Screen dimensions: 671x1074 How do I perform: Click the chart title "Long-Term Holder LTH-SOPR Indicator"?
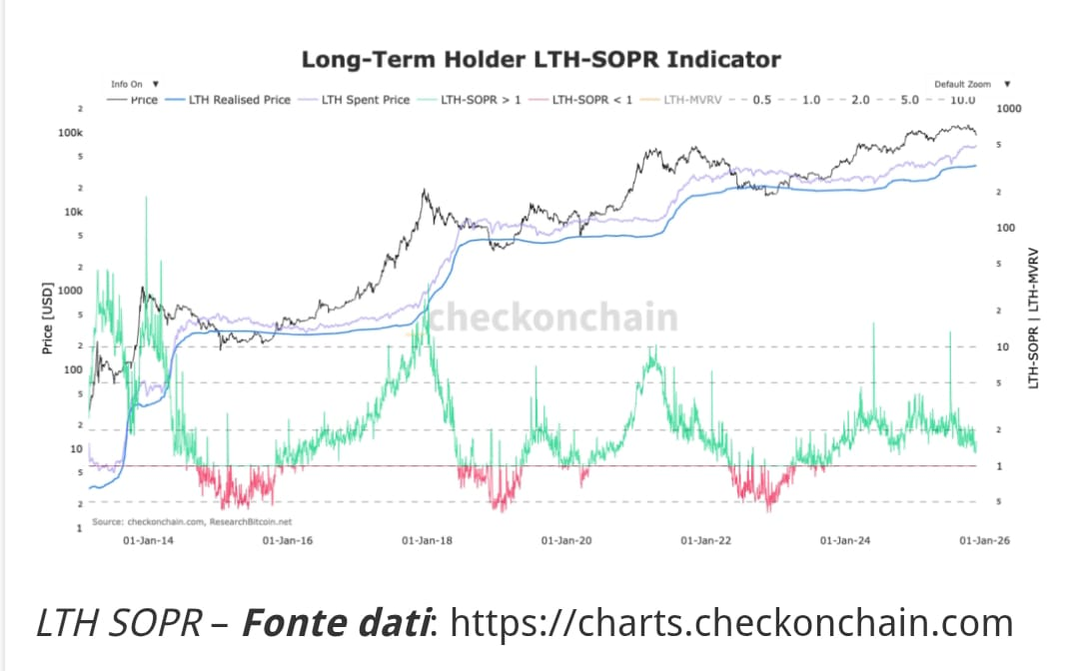coord(540,59)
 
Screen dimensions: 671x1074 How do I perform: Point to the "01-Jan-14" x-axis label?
coord(147,540)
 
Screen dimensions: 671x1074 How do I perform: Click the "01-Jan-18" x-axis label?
coord(427,540)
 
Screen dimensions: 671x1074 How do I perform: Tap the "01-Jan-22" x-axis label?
coord(706,540)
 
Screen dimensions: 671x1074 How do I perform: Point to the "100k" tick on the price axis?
coord(70,133)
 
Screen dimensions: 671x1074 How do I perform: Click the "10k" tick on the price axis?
coord(73,212)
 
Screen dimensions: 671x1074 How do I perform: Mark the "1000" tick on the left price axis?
coord(70,291)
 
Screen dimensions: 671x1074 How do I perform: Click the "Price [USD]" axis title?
coord(47,319)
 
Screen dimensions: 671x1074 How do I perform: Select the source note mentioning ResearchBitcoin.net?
coord(192,521)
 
